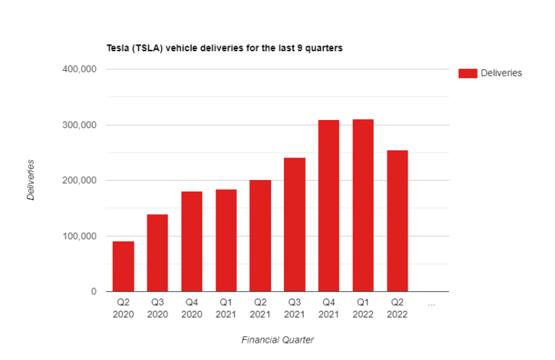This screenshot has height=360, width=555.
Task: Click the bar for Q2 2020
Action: pyautogui.click(x=123, y=266)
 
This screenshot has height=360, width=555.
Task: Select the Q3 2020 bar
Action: pyautogui.click(x=158, y=253)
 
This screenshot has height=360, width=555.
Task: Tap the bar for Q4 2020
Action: pyautogui.click(x=192, y=241)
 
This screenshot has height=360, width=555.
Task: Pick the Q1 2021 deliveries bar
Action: pyautogui.click(x=226, y=241)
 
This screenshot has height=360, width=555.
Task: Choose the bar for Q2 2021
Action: pyautogui.click(x=260, y=236)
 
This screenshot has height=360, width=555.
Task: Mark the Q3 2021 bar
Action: pyautogui.click(x=294, y=225)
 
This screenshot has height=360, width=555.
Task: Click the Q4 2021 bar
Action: pyautogui.click(x=329, y=206)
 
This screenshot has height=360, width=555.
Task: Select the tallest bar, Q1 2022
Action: pyautogui.click(x=363, y=205)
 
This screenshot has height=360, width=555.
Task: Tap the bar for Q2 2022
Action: pyautogui.click(x=397, y=221)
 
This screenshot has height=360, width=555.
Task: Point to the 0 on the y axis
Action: pyautogui.click(x=93, y=292)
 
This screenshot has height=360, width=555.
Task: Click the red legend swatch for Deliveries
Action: pyautogui.click(x=468, y=73)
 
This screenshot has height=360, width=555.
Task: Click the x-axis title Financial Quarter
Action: pyautogui.click(x=277, y=339)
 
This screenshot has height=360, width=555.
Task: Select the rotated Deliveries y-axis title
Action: pyautogui.click(x=31, y=180)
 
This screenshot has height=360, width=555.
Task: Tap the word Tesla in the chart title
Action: pyautogui.click(x=118, y=48)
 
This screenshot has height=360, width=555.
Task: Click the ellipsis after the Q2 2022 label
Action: pyautogui.click(x=431, y=304)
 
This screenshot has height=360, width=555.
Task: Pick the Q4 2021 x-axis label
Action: pyautogui.click(x=329, y=309)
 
